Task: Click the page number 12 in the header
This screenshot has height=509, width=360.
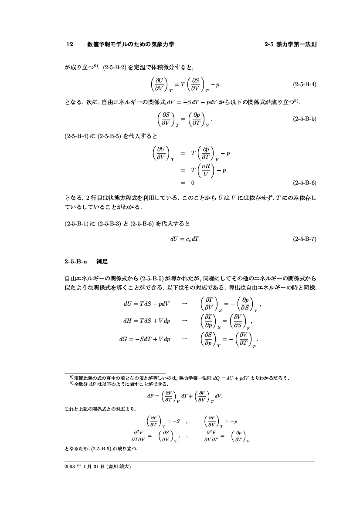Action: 69,44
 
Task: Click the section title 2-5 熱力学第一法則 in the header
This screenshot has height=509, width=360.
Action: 290,44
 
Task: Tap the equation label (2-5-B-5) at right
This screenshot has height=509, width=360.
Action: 305,118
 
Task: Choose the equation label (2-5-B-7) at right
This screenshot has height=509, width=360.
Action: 305,239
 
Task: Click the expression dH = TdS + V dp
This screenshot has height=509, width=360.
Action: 147,321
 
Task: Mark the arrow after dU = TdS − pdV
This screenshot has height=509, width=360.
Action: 184,303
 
